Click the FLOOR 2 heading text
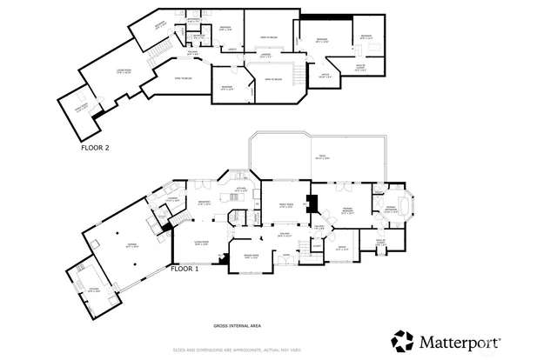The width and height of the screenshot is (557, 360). [x=95, y=148]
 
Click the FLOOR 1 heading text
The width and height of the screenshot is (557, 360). [x=185, y=270]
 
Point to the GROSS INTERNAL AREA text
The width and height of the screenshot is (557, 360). [x=237, y=326]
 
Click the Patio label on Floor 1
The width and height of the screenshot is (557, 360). [x=321, y=157]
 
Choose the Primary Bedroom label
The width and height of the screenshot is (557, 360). [x=346, y=210]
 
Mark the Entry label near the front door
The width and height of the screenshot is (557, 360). [x=285, y=255]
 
